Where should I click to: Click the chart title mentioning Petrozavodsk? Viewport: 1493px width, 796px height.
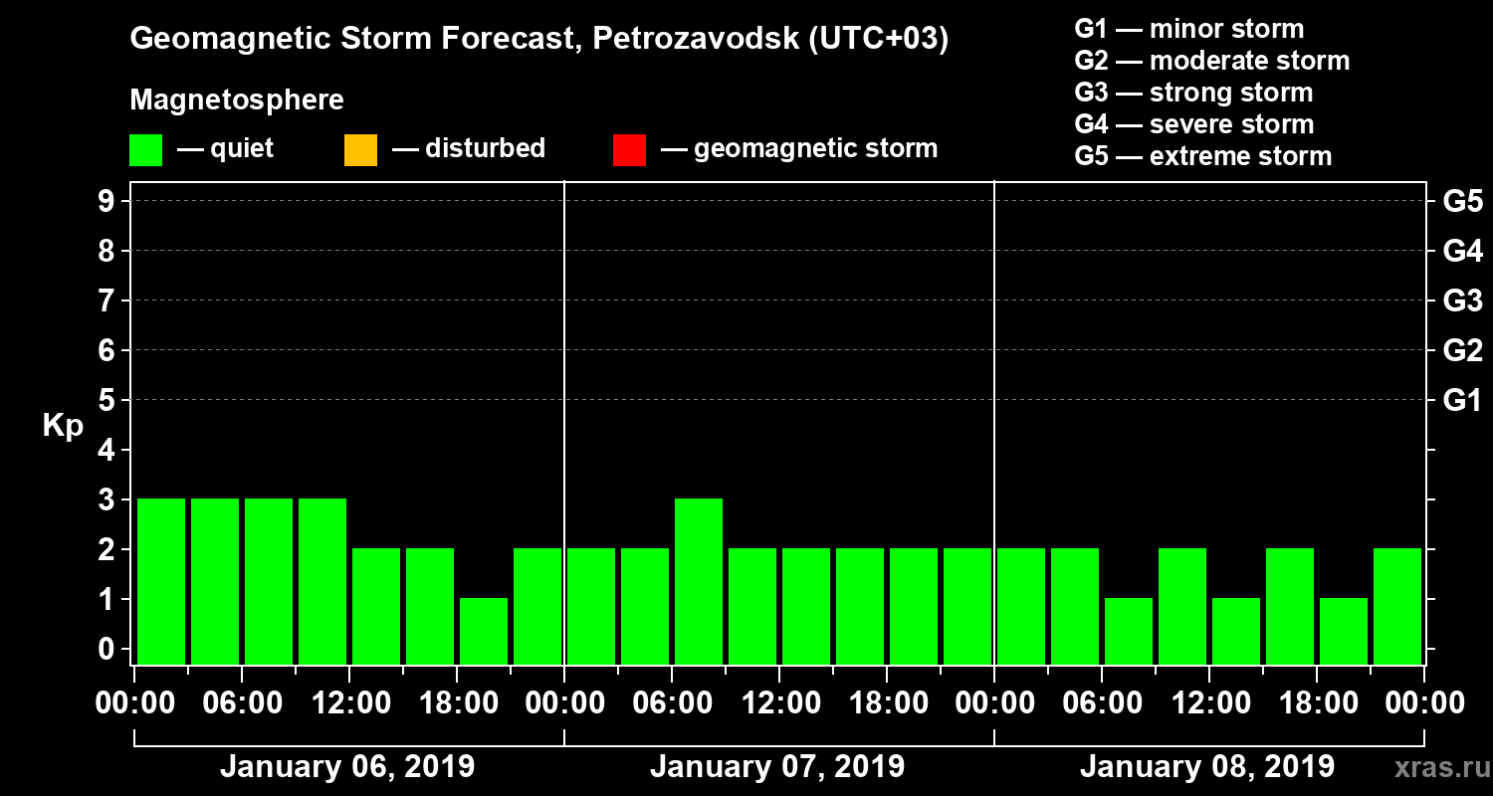point(538,39)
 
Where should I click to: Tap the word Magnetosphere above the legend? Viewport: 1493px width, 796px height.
point(237,100)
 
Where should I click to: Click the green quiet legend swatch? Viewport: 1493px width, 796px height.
point(145,149)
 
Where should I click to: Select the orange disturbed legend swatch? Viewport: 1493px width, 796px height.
point(360,149)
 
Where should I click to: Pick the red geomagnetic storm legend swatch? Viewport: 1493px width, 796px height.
point(629,149)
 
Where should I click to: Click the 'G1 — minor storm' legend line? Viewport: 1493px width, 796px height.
point(1188,29)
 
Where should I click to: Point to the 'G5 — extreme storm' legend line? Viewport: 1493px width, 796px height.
point(1202,156)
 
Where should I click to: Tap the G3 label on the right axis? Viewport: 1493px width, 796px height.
point(1462,300)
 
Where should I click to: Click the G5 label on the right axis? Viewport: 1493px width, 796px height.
point(1462,201)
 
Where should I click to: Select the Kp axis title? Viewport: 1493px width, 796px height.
point(63,426)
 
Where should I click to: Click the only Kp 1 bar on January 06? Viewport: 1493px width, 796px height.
point(484,631)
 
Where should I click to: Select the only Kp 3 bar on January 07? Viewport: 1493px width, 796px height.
point(699,581)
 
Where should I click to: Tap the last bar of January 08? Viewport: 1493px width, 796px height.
point(1397,606)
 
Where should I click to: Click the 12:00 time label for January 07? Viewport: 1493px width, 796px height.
point(779,703)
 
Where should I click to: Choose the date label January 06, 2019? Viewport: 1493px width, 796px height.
point(346,767)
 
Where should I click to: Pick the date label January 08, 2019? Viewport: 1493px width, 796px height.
point(1206,767)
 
